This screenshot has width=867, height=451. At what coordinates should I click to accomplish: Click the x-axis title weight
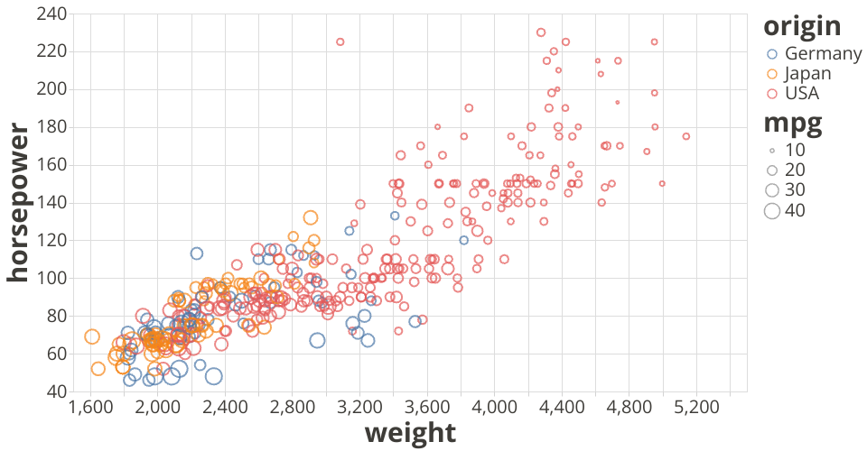(410, 433)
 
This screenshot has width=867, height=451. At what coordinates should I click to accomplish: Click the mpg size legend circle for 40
(772, 211)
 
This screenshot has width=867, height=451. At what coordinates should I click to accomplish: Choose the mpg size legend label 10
(795, 150)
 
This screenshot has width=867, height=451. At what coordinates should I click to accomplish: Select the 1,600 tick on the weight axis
(91, 408)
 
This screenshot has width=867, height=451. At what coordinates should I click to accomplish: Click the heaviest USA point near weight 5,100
(685, 136)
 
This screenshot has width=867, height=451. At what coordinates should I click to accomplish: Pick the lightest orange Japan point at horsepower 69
(92, 336)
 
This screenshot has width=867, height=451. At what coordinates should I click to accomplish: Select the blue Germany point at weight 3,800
(464, 240)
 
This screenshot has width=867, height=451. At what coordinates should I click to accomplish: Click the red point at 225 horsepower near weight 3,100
(340, 41)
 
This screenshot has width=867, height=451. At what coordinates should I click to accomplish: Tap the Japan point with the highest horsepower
(311, 217)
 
